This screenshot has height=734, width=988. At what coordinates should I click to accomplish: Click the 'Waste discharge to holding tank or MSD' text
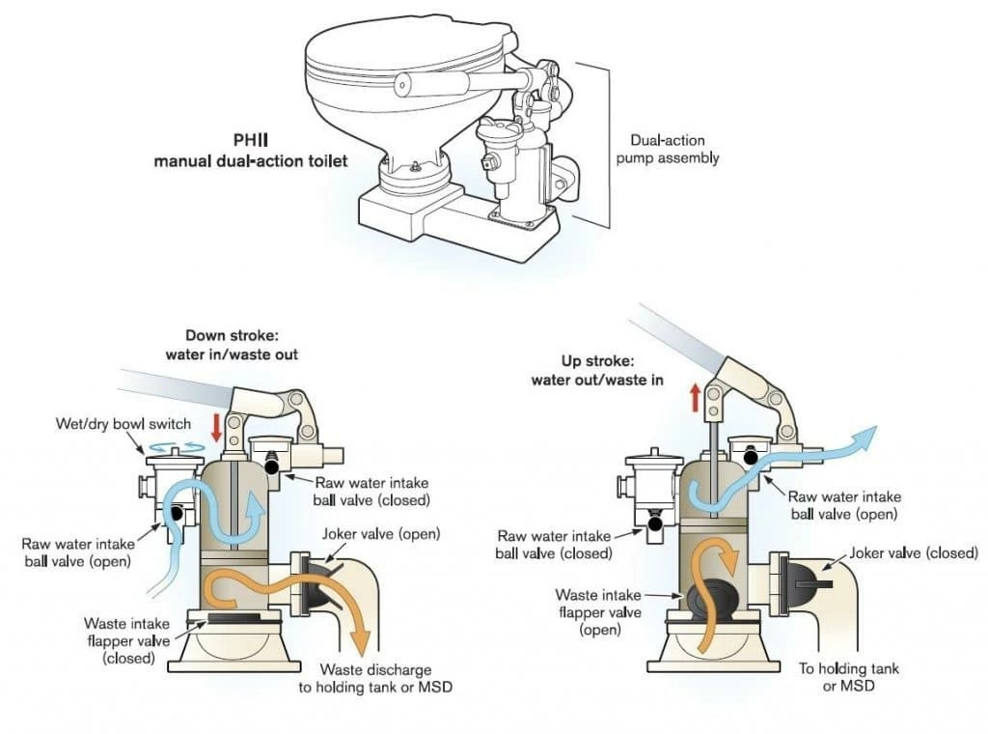[376, 678]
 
